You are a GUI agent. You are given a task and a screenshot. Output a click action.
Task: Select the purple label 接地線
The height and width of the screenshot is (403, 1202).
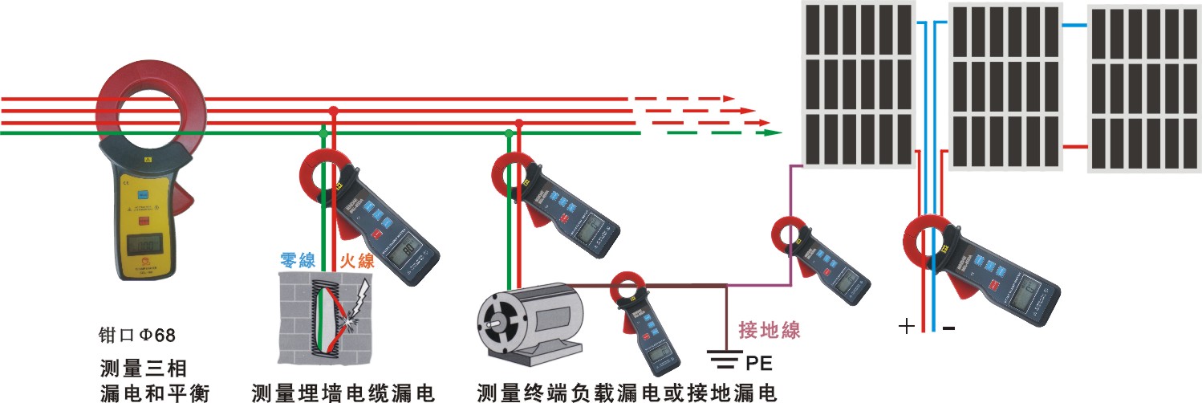(x=769, y=328)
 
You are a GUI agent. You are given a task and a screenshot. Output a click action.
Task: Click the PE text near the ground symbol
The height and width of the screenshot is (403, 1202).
(x=758, y=364)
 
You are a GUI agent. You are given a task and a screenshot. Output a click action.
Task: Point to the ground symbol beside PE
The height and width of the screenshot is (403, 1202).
(x=725, y=358)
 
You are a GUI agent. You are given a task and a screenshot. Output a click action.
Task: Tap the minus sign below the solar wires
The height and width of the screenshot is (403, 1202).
(x=948, y=328)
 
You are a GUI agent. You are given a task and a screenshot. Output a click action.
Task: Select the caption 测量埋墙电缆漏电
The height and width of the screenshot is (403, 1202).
(x=343, y=393)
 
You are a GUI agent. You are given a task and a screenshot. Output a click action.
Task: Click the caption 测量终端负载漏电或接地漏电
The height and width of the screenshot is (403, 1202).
(x=627, y=393)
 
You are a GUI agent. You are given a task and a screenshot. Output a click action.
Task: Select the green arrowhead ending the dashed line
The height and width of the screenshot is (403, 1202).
(x=772, y=132)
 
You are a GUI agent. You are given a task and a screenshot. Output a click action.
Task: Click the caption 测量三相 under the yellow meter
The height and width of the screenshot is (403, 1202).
(x=144, y=368)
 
